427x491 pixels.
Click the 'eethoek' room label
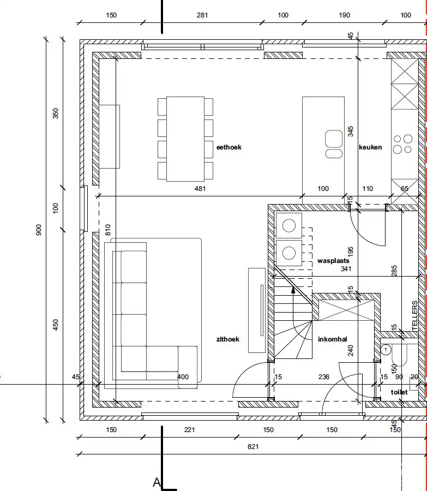point(229,147)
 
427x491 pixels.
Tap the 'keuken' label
point(370,147)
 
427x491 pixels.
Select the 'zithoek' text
point(228,339)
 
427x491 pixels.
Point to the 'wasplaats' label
point(333,261)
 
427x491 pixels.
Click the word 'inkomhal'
point(333,339)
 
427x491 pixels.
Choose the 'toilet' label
point(399,392)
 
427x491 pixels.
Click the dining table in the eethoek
point(185,139)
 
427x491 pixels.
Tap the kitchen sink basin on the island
point(334,139)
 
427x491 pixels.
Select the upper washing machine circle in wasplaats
point(288,225)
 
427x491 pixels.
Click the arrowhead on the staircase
point(293,290)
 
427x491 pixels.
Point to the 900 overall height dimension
point(39,230)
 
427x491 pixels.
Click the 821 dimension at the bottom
point(253,447)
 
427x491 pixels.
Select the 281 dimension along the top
point(202,15)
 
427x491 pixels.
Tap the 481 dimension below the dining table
point(200,189)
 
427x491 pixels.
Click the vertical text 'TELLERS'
point(415,315)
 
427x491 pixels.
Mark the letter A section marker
point(157,482)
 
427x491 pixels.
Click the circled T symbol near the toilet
point(386,350)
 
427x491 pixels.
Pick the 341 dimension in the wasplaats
point(346,268)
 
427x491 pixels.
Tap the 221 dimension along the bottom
point(189,430)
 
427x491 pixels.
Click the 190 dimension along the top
point(344,15)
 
